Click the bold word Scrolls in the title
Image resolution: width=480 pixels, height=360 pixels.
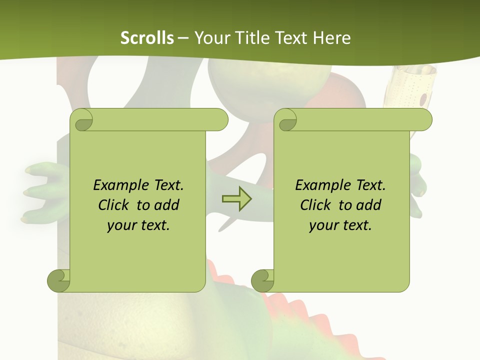(x=147, y=38)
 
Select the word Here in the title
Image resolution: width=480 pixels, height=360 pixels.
(x=332, y=38)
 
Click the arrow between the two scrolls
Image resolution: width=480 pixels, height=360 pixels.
(x=236, y=198)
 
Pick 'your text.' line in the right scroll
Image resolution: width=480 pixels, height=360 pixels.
(x=340, y=225)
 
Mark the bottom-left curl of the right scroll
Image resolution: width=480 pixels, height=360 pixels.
(x=263, y=280)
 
